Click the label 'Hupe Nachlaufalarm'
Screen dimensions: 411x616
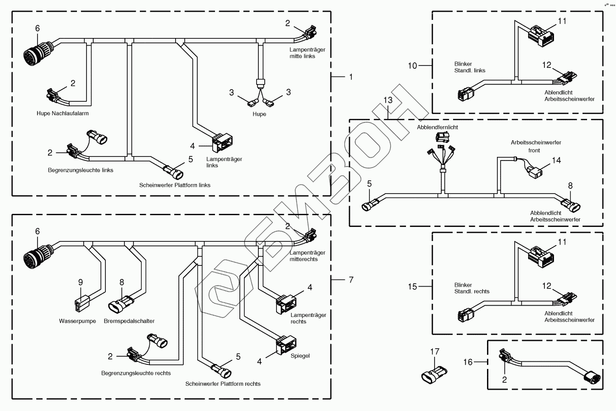pyautogui.click(x=62, y=113)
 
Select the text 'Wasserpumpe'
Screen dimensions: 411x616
pyautogui.click(x=77, y=321)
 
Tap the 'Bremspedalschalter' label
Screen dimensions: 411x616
pyautogui.click(x=129, y=321)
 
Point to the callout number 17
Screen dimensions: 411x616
pyautogui.click(x=435, y=351)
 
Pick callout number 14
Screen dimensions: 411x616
pyautogui.click(x=556, y=160)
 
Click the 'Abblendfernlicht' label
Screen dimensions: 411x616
pyautogui.click(x=437, y=128)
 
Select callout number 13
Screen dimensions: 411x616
pyautogui.click(x=388, y=99)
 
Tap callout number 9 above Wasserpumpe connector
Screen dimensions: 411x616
pyautogui.click(x=81, y=282)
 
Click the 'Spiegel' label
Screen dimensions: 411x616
pyautogui.click(x=300, y=356)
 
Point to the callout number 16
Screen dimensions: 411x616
pyautogui.click(x=468, y=362)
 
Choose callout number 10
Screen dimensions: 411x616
pyautogui.click(x=412, y=66)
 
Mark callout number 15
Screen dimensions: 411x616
pyautogui.click(x=412, y=287)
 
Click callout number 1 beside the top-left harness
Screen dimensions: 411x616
pyautogui.click(x=350, y=77)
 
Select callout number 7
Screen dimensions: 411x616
pyautogui.click(x=350, y=280)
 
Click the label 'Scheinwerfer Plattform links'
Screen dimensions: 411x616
pyautogui.click(x=175, y=185)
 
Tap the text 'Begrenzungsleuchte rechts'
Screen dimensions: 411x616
pyautogui.click(x=136, y=373)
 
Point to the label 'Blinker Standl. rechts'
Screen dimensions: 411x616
pyautogui.click(x=472, y=288)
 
